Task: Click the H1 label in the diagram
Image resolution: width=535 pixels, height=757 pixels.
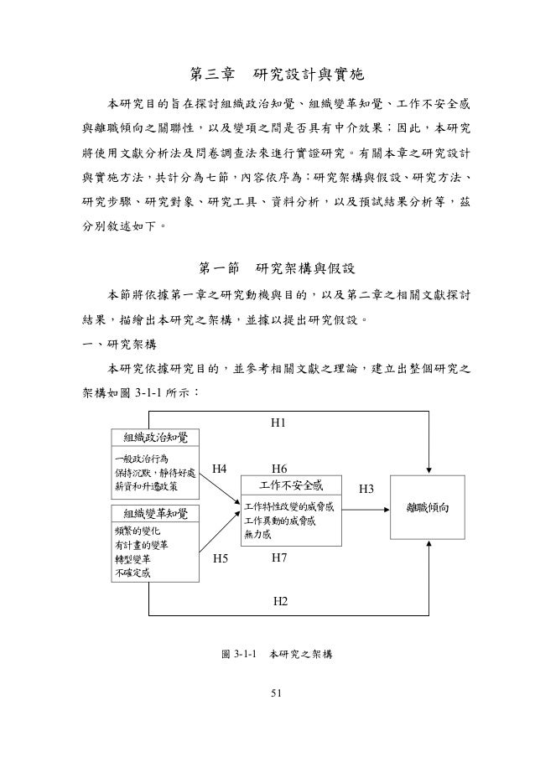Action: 281,425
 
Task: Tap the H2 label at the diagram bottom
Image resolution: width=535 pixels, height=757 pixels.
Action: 281,601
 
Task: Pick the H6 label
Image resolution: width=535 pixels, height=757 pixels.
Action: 281,469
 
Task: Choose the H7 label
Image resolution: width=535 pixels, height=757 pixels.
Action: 281,557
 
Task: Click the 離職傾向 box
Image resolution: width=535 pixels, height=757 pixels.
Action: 429,508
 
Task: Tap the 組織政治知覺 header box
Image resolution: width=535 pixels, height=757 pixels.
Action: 156,438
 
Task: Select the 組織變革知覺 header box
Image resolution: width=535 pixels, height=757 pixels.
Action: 156,513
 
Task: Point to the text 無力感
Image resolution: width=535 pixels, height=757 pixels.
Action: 258,534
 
